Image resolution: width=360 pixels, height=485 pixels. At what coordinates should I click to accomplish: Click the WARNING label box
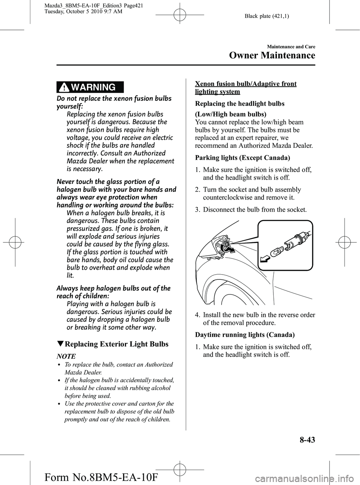coord(90,87)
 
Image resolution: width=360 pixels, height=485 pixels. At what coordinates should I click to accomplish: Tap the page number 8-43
coord(303,439)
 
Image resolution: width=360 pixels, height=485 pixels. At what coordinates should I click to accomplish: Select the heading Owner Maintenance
coord(271,56)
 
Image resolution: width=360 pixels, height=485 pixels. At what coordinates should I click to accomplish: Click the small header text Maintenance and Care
coord(291,47)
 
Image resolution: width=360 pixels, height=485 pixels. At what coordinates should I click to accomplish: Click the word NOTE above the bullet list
coord(66,356)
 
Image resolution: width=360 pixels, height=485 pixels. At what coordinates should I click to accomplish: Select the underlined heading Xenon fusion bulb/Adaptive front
coord(246,84)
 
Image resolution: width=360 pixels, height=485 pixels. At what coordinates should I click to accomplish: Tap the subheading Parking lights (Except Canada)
coord(243,158)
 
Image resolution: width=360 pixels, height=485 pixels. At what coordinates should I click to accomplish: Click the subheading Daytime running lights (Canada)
coord(244,335)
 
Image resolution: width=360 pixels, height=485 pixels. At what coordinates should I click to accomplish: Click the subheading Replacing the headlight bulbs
coord(240,104)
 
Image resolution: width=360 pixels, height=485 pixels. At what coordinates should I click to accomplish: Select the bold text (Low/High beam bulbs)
coord(231,114)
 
